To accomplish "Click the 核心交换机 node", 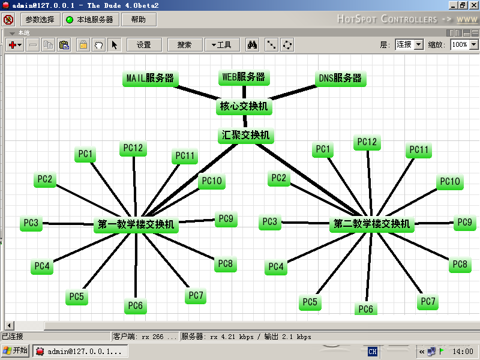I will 244,107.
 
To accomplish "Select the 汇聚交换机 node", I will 245,136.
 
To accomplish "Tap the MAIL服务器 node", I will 150,78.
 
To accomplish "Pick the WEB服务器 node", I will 244,77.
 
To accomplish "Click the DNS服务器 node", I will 340,78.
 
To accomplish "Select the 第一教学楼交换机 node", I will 137,225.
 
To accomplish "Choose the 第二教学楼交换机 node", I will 372,224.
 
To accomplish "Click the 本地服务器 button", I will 90,20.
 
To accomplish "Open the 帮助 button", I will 139,20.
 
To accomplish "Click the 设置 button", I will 144,45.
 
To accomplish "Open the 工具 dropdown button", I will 221,45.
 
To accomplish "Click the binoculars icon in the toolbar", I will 253,45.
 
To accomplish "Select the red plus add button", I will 15,45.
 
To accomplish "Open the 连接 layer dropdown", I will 409,44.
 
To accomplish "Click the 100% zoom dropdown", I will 465,44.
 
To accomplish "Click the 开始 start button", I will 16,351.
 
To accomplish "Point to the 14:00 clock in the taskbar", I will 463,352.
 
